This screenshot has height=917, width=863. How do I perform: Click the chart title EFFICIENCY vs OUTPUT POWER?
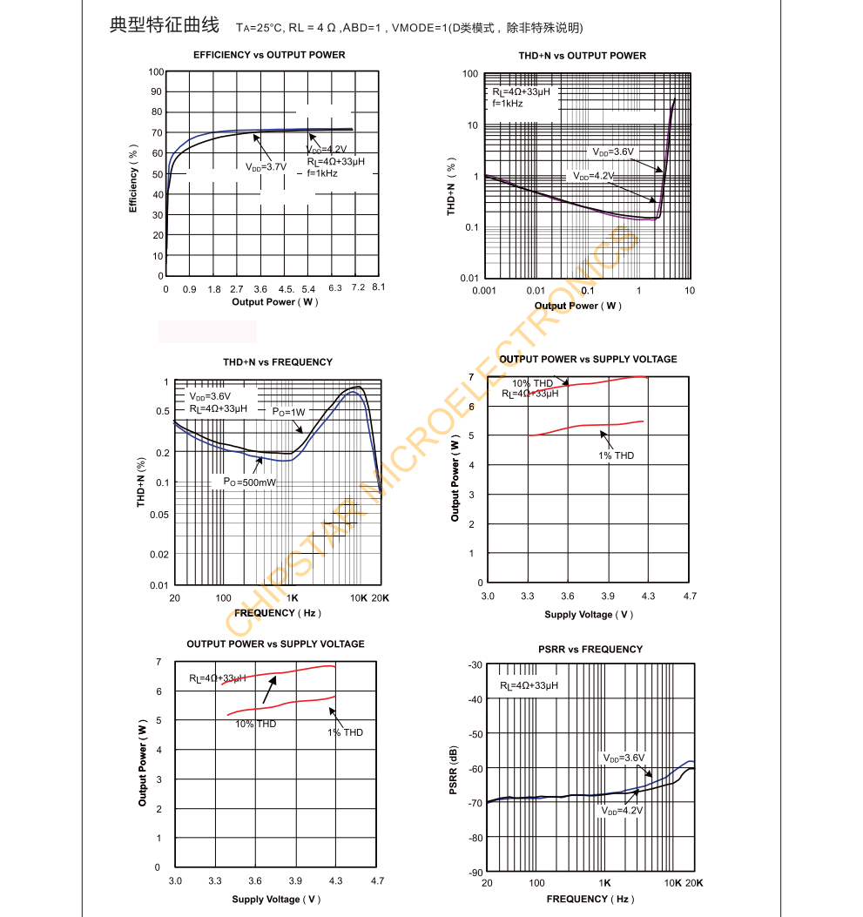click(269, 55)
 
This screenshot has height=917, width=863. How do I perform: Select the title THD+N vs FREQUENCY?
click(278, 362)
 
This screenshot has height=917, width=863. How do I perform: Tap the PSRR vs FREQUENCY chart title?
click(590, 650)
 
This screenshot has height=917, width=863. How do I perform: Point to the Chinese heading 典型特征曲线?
click(165, 25)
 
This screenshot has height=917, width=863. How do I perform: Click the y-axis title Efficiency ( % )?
click(133, 178)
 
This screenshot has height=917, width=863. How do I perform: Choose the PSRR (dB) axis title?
click(453, 768)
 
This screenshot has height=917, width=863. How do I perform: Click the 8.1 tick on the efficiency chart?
click(378, 288)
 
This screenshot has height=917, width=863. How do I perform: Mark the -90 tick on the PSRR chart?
click(475, 873)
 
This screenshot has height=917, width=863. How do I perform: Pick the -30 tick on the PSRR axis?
click(475, 665)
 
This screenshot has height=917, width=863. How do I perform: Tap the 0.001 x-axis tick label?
click(484, 291)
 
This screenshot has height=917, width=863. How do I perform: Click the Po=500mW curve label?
click(249, 482)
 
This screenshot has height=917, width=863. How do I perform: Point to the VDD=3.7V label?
click(266, 166)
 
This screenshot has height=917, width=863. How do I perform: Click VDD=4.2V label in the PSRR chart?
click(622, 811)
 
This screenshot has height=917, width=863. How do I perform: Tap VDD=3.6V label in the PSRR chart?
click(624, 759)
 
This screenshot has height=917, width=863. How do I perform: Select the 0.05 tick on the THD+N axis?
click(159, 515)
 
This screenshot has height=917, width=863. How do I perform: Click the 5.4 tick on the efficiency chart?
click(308, 288)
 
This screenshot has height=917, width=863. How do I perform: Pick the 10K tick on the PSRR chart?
click(673, 883)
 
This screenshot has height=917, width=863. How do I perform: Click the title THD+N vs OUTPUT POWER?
click(583, 56)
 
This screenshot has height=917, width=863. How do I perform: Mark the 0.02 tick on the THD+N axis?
click(159, 555)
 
